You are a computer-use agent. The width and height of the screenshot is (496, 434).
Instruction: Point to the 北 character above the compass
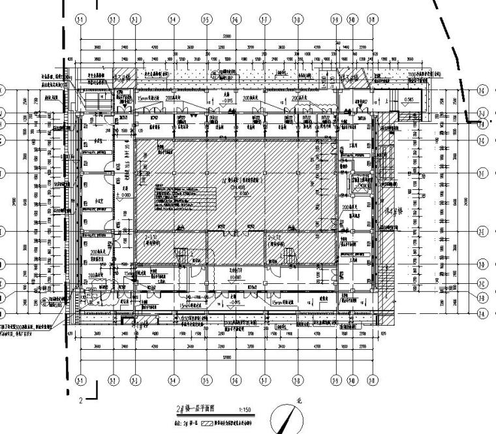(x=300, y=403)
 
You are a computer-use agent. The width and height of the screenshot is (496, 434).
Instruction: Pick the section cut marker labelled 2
(x=81, y=400)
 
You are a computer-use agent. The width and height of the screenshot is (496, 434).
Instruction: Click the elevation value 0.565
(x=409, y=100)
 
